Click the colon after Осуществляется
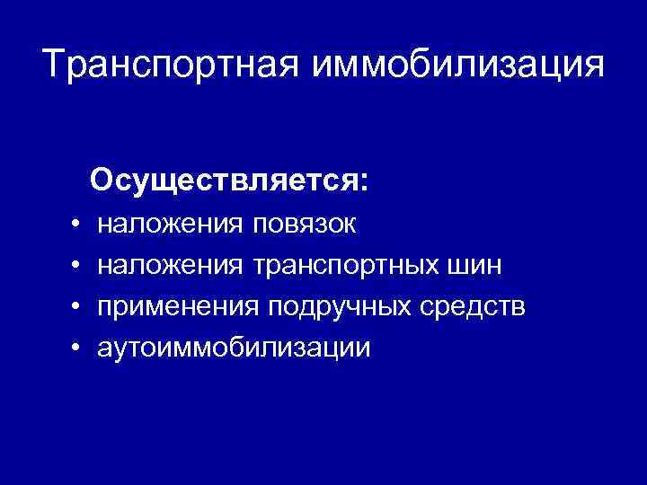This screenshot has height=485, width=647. coord(363,183)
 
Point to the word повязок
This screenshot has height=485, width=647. coord(305,224)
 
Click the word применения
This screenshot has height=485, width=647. coord(179,306)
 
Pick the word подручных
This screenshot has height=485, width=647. coord(342,306)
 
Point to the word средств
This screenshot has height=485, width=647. coord(475,306)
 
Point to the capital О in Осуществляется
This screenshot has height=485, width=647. coord(102,181)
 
